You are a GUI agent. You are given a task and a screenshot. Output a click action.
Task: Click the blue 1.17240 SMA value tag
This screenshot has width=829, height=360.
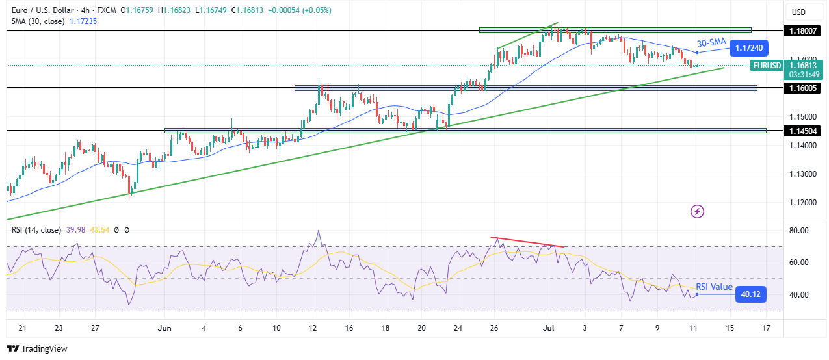(x=750, y=47)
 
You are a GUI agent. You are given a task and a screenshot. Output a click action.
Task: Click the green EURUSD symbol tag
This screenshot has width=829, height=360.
(x=766, y=65)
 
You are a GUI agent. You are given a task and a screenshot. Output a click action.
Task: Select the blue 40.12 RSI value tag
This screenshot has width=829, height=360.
(x=750, y=295)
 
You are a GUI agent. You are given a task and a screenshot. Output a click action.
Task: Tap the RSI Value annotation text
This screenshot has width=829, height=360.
(x=714, y=287)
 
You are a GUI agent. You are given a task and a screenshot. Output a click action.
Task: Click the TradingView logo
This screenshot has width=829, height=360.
(x=37, y=348)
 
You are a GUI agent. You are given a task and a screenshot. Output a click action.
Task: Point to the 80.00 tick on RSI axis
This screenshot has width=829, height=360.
(x=799, y=231)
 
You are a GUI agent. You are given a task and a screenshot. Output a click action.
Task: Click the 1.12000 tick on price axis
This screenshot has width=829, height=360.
(x=802, y=203)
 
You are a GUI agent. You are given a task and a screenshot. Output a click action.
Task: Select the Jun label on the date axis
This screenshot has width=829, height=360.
(x=164, y=328)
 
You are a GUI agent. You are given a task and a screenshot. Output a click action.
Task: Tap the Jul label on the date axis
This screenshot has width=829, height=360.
(x=547, y=328)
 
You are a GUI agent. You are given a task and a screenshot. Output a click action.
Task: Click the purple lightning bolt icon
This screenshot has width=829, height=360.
(x=697, y=211)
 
